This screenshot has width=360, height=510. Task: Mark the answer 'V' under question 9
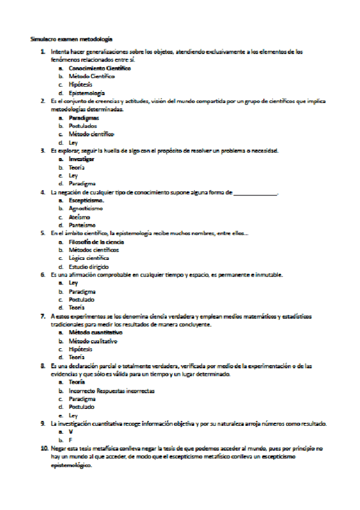coord(71,432)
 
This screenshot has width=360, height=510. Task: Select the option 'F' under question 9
coord(70,440)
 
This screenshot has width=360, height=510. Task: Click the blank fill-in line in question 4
coord(255,192)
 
